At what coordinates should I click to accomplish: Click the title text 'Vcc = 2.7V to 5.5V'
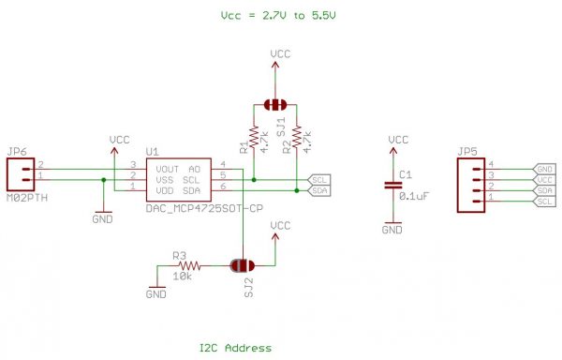click(x=278, y=16)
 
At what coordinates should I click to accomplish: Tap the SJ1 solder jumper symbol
click(x=274, y=104)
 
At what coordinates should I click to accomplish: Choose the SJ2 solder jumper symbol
click(x=240, y=266)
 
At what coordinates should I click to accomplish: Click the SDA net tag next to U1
click(x=319, y=190)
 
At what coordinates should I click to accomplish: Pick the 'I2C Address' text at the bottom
click(x=235, y=348)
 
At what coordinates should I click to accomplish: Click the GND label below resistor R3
click(x=155, y=293)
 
